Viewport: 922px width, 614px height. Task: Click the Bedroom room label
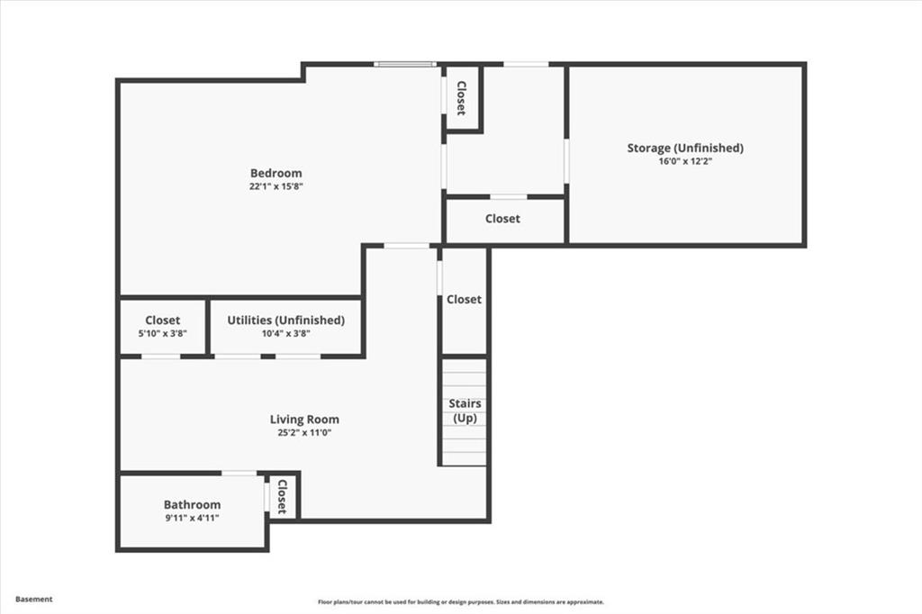276,173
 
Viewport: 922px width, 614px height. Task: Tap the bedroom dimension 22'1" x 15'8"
276,186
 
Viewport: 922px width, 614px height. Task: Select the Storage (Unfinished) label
685,148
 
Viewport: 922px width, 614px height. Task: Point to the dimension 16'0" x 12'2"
685,161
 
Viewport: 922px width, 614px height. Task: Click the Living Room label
304,419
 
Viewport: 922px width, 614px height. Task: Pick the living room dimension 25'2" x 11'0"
304,432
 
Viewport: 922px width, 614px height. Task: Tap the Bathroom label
192,504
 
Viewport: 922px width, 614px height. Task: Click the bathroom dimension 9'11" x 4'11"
192,518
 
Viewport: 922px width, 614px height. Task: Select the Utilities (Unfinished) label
285,320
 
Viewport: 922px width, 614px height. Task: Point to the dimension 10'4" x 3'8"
285,333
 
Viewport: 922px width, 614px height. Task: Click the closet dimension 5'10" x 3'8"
162,333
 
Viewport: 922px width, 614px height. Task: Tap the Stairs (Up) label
465,411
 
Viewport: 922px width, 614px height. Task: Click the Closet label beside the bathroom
282,496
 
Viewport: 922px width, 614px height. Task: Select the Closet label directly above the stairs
464,299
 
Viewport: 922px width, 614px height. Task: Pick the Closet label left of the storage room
502,219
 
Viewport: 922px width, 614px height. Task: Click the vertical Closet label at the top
461,98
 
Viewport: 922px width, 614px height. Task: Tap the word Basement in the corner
34,599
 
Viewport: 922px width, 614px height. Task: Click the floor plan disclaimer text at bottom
460,602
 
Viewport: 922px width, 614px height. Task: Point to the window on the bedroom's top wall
405,64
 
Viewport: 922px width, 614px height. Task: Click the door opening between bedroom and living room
406,245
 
